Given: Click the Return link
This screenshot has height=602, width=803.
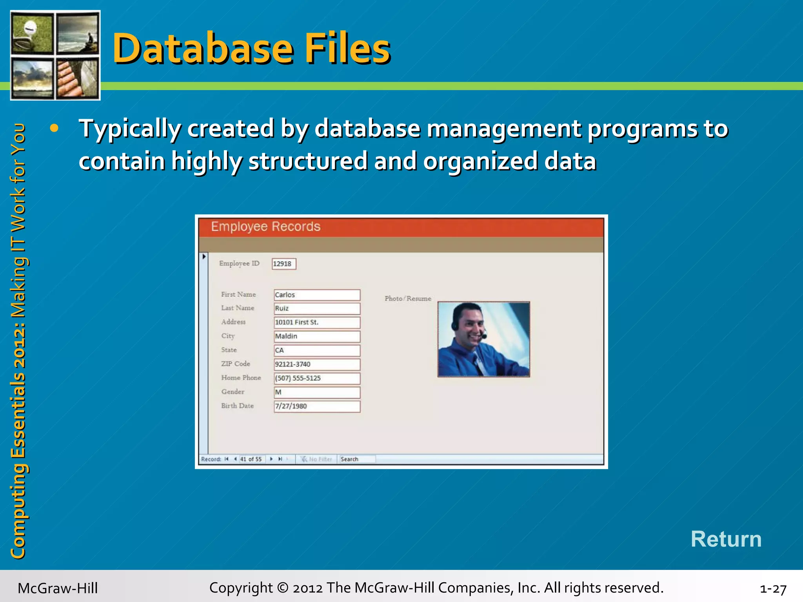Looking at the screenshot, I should coord(726,539).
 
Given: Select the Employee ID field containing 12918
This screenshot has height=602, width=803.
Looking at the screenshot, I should coord(284,264).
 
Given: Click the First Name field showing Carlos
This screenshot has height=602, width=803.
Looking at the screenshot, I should coord(317,295).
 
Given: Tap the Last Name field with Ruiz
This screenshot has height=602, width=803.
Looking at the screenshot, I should coord(317,308).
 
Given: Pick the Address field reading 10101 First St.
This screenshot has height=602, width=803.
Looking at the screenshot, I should coord(317,323).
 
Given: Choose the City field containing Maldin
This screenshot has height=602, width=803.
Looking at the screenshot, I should coord(317,336).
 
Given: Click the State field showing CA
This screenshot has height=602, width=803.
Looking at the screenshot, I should coord(317,350).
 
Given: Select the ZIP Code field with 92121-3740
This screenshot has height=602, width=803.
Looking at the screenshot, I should coord(317,364).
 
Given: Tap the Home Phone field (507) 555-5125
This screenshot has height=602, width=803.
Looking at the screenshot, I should coord(317,378).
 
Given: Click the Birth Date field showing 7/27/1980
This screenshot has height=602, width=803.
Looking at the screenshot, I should coord(317,406).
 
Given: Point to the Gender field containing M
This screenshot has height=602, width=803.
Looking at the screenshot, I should coord(317,392).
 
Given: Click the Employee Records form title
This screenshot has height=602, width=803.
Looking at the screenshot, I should coord(265,227).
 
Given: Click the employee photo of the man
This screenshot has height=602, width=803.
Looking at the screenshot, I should coord(483,339).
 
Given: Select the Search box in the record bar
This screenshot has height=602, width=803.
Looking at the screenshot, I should coord(357,459).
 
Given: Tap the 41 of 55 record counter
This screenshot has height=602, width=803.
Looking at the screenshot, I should coord(251,459).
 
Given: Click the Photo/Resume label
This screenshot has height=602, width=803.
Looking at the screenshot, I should coord(408,299).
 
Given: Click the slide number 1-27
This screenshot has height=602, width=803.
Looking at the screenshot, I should coord(773,589).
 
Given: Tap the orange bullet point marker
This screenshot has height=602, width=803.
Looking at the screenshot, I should coord(54,128).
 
